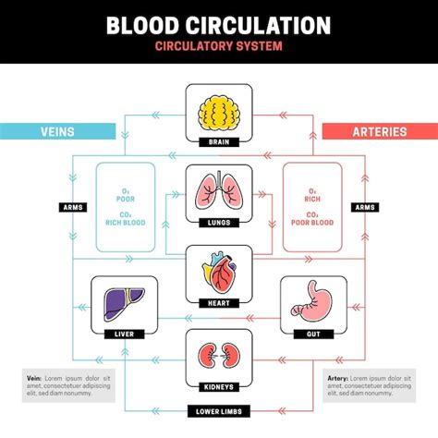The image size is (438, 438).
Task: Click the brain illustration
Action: click(x=218, y=111)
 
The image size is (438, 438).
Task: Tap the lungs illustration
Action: click(x=218, y=192)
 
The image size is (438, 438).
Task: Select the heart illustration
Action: click(x=218, y=274)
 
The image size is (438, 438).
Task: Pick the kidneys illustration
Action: click(x=218, y=356)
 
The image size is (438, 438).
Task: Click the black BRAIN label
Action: click(x=218, y=142)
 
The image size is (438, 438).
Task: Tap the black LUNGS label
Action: click(x=218, y=223)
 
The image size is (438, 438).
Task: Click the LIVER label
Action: click(x=124, y=333)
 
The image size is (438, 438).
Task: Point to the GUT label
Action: click(x=312, y=333)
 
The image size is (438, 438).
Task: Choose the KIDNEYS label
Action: click(x=218, y=385)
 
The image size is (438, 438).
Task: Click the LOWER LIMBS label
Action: click(x=218, y=409)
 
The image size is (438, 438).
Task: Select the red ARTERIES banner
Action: click(x=379, y=131)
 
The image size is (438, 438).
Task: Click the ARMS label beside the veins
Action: click(x=74, y=208)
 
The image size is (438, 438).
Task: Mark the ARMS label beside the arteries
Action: click(x=364, y=208)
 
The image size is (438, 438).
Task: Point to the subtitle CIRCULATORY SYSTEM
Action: click(x=218, y=45)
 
